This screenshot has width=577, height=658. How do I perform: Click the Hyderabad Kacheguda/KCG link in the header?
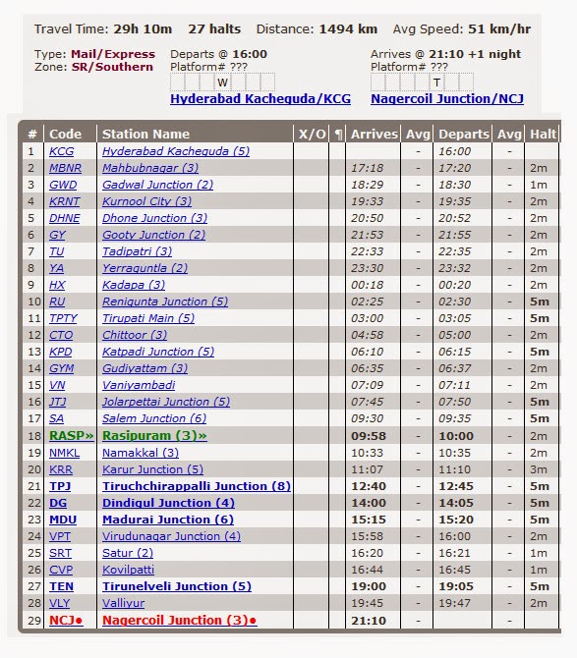tap(260, 99)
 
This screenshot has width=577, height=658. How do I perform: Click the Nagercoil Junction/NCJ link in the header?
tap(446, 99)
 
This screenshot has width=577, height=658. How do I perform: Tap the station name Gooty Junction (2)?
tap(153, 235)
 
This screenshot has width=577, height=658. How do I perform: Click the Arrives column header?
tap(374, 134)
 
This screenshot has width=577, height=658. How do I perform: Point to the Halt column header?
tap(543, 134)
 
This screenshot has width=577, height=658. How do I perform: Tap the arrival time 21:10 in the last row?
tap(368, 620)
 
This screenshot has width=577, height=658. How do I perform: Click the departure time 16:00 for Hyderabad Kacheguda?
tap(454, 151)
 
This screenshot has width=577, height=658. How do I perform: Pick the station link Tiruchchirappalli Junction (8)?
tap(197, 486)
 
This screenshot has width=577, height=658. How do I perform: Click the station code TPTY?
tap(63, 318)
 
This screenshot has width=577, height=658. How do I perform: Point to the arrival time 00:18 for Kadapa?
tap(368, 285)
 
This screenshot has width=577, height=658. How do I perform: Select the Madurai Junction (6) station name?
tap(167, 520)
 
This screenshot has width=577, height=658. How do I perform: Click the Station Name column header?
tap(145, 134)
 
